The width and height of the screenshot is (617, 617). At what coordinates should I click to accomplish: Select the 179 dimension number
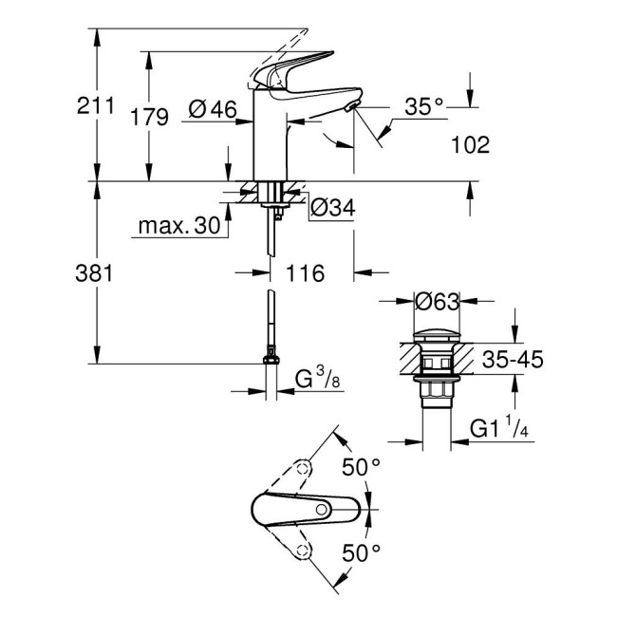pyautogui.click(x=150, y=117)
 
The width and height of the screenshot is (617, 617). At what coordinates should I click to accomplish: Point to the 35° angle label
pyautogui.click(x=424, y=107)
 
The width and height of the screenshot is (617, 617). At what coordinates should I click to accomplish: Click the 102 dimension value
pyautogui.click(x=472, y=145)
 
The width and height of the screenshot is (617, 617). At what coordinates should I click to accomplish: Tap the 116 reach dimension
pyautogui.click(x=305, y=273)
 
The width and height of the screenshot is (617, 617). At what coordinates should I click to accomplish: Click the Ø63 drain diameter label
pyautogui.click(x=437, y=301)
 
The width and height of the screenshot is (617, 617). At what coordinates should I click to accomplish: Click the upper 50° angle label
pyautogui.click(x=361, y=467)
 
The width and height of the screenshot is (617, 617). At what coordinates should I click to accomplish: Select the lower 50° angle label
pyautogui.click(x=361, y=551)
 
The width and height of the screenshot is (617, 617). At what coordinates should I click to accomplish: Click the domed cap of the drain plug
pyautogui.click(x=437, y=332)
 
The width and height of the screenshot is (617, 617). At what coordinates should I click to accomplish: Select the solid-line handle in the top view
pyautogui.click(x=304, y=511)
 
